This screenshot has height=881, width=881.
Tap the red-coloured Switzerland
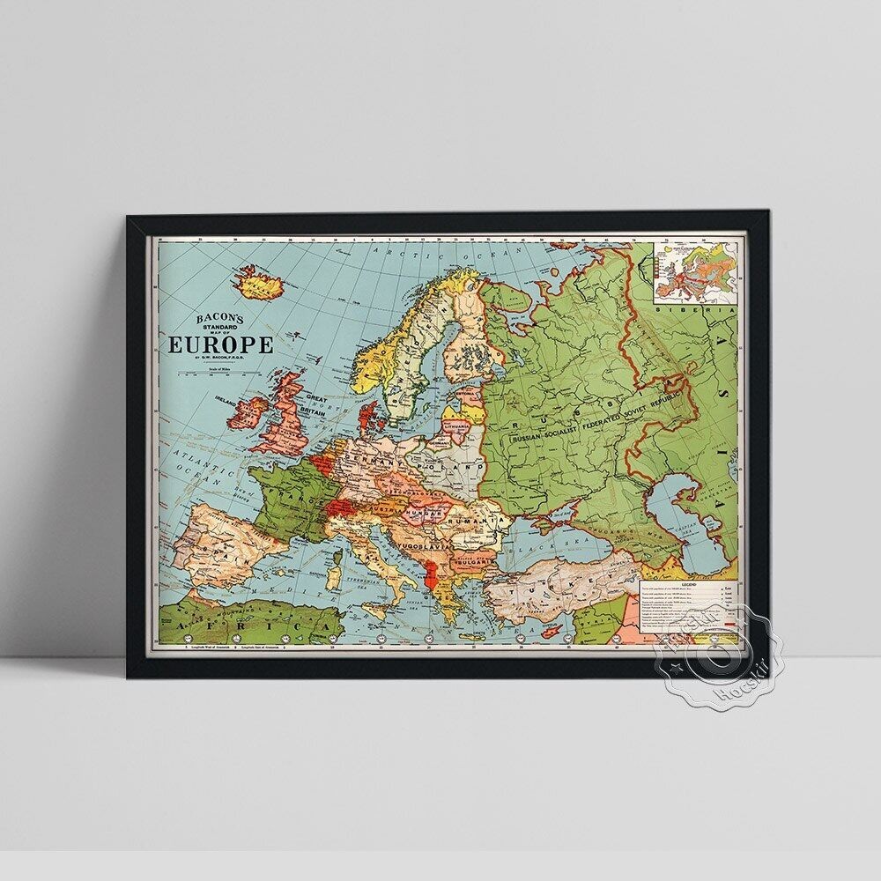pos(338,508)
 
